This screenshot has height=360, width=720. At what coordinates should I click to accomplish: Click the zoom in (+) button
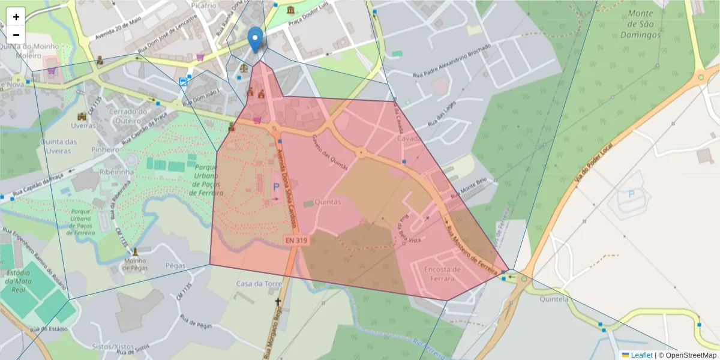[16, 17]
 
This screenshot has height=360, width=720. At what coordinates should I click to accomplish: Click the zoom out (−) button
[16, 35]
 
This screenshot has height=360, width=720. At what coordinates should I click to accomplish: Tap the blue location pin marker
[256, 40]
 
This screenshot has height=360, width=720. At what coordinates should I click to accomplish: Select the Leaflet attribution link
[641, 355]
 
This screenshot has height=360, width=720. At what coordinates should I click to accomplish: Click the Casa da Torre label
[259, 283]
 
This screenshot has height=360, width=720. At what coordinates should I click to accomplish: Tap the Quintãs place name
[328, 202]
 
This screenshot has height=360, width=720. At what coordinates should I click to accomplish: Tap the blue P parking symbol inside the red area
[276, 187]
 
